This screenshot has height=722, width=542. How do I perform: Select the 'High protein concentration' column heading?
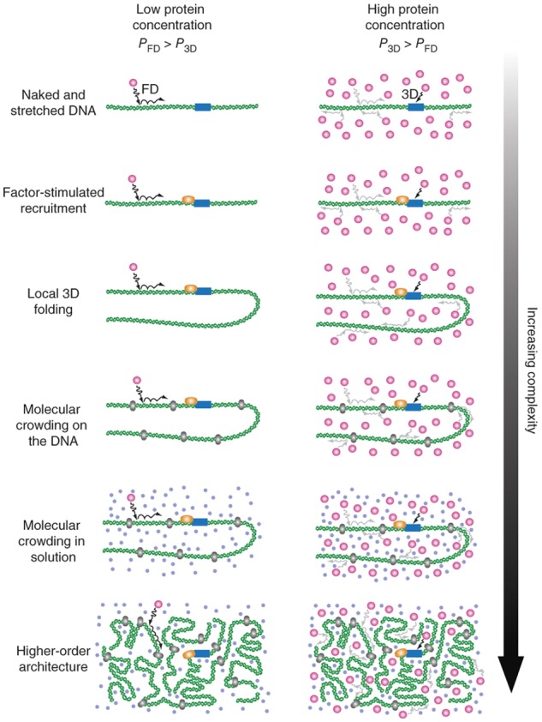point(390,27)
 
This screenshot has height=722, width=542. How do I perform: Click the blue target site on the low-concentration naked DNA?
point(203,106)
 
